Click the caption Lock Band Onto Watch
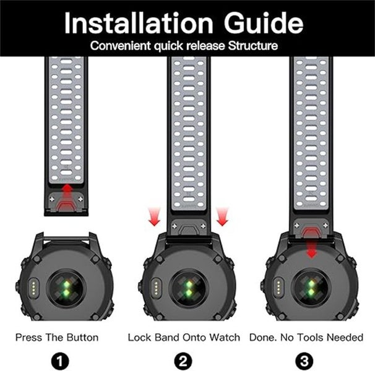[x=184, y=338]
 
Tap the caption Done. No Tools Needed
[x=306, y=338]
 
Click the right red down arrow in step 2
[x=222, y=217]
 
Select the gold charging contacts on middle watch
[x=154, y=287]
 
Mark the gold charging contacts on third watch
[x=277, y=287]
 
